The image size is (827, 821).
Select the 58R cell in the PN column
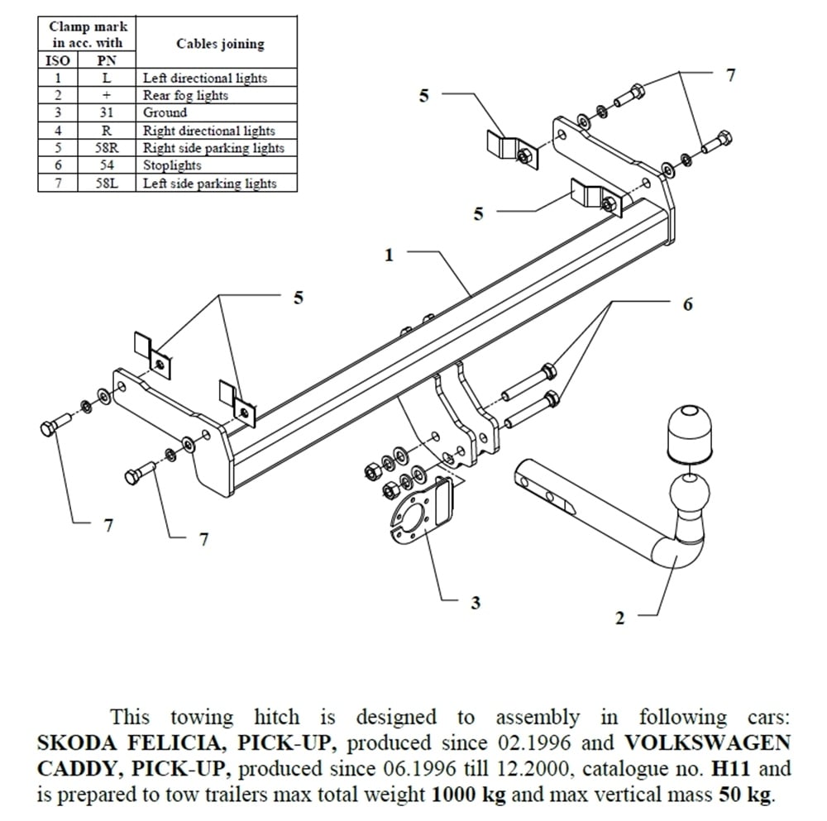click(105, 148)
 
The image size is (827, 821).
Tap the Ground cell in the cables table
click(165, 112)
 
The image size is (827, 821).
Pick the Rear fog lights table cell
click(185, 95)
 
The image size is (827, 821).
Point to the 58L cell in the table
click(105, 184)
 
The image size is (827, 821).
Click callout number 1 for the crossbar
click(389, 255)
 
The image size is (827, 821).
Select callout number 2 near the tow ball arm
click(620, 618)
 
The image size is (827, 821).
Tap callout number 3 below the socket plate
click(475, 603)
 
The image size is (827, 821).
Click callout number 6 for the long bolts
click(687, 304)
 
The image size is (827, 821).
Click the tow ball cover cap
click(684, 435)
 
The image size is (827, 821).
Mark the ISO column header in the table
click(57, 60)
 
